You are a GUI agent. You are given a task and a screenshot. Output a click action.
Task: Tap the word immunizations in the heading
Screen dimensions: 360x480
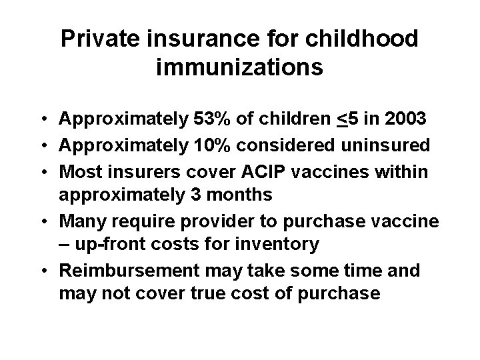240,67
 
